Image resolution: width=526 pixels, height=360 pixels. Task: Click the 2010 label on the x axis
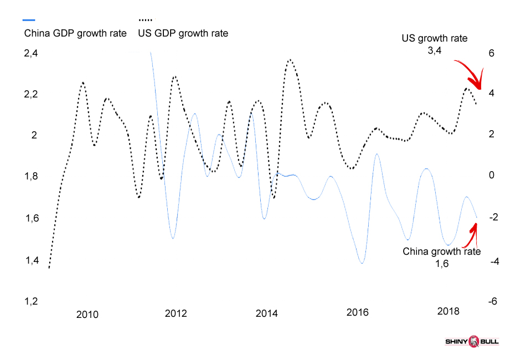(87, 315)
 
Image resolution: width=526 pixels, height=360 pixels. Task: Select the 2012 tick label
(176, 313)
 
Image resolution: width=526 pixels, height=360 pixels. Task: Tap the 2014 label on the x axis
(267, 313)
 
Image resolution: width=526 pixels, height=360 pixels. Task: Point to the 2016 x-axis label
(357, 312)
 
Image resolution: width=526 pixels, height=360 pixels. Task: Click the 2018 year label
(448, 311)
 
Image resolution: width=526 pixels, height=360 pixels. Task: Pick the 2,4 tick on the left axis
(31, 54)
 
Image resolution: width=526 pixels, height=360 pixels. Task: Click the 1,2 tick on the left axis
(31, 302)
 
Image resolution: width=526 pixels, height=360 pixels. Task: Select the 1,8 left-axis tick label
(31, 177)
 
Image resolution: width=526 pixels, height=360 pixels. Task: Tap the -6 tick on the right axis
(491, 302)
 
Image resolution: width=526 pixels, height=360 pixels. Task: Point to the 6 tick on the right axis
(491, 53)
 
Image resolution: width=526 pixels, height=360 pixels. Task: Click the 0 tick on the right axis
(491, 175)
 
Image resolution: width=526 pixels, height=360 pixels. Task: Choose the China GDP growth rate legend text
(75, 33)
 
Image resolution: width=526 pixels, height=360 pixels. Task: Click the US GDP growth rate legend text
(183, 33)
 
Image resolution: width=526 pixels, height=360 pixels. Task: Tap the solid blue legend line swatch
(29, 20)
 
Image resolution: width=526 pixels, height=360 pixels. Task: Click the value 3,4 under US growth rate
(434, 51)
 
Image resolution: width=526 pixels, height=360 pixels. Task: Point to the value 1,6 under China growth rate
(441, 264)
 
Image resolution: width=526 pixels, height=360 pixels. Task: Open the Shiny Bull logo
(472, 341)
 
